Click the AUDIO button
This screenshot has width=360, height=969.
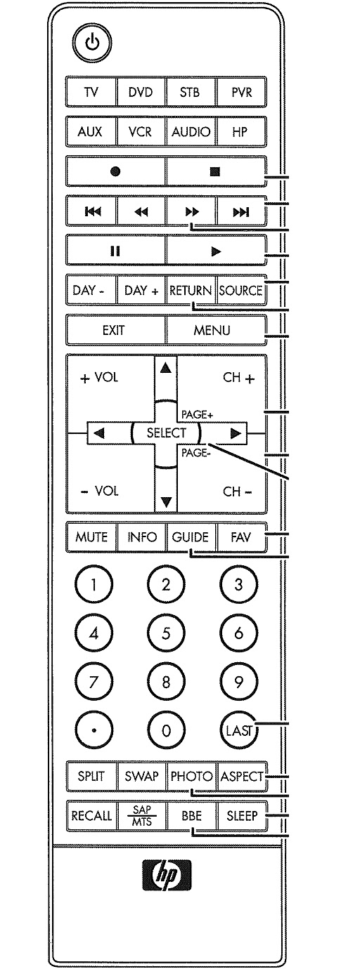coord(191,131)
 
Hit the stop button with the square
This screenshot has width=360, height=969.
coord(217,171)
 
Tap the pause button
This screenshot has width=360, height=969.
coord(116,249)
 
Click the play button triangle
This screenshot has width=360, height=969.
coord(217,249)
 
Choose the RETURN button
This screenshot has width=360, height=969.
coord(191,290)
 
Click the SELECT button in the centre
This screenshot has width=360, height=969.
coord(166,433)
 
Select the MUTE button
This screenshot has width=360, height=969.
coord(91,538)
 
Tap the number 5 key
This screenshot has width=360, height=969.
coord(166,632)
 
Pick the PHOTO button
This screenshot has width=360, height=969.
coord(191,777)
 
